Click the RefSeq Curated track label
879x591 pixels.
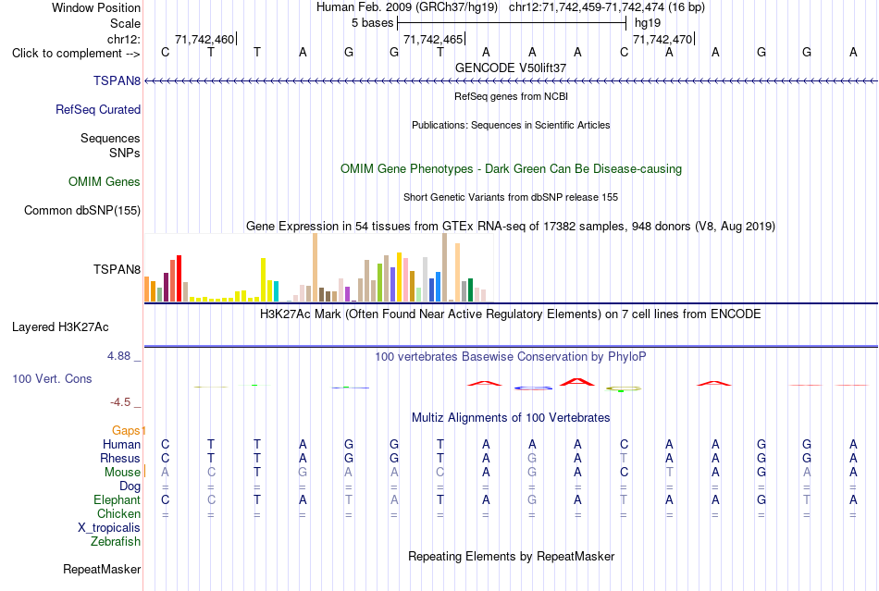[98, 110]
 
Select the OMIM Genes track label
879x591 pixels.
[105, 181]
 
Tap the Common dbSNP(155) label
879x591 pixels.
[82, 211]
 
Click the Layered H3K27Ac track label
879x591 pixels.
[60, 327]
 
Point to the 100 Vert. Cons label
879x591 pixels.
[52, 378]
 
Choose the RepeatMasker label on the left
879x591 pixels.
[102, 569]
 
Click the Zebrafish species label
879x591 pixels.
[116, 542]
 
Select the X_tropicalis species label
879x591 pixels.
[109, 528]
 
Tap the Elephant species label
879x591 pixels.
[118, 499]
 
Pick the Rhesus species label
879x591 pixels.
[120, 458]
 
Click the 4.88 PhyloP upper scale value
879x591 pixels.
[118, 356]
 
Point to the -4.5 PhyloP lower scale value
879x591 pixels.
[120, 402]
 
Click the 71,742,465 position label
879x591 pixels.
[433, 39]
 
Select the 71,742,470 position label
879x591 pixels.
[662, 39]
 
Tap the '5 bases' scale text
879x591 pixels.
[373, 23]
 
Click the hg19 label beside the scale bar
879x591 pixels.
[648, 23]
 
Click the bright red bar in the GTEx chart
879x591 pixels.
[179, 278]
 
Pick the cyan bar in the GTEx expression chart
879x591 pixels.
[276, 291]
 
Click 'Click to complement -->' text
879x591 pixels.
[76, 54]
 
